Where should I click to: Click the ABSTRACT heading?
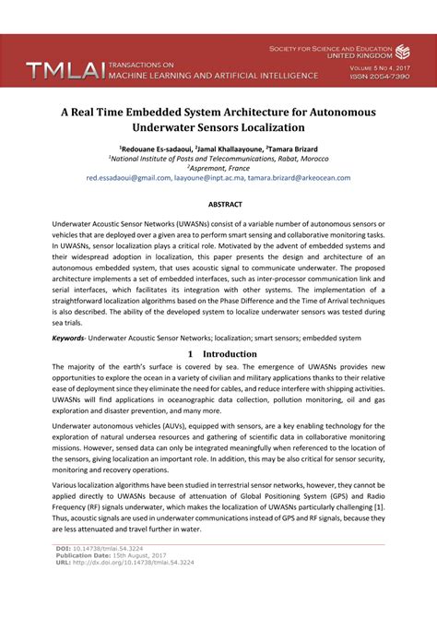pyautogui.click(x=218, y=203)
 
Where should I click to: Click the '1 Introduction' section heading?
pyautogui.click(x=218, y=353)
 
